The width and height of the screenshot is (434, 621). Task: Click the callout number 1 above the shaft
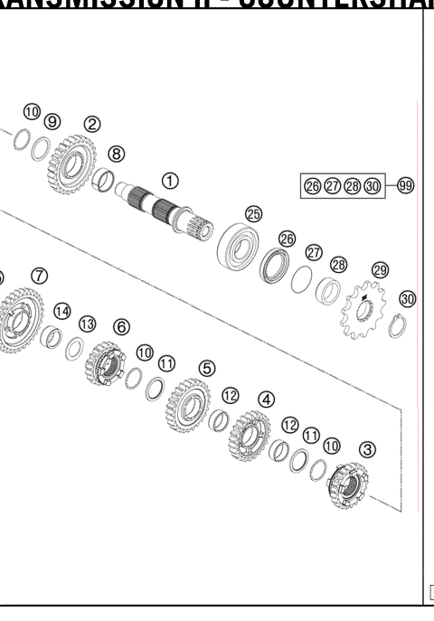(171, 181)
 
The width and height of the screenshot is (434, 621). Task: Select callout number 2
(91, 124)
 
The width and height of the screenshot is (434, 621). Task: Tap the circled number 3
(369, 448)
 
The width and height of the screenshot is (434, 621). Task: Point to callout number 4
(267, 398)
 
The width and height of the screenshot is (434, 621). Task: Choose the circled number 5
(208, 368)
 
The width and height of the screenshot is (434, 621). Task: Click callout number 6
(121, 325)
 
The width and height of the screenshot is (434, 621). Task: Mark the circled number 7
(39, 276)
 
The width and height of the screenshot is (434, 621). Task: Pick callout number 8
(117, 154)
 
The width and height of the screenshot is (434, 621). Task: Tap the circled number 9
(52, 121)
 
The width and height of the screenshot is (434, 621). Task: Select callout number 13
(88, 323)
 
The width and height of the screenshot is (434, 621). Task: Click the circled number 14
(61, 311)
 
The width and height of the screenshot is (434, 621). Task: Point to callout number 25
(254, 214)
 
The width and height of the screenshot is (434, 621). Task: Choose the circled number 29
(380, 270)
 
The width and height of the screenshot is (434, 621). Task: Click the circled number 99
(406, 185)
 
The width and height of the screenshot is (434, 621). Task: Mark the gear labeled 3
(348, 485)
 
